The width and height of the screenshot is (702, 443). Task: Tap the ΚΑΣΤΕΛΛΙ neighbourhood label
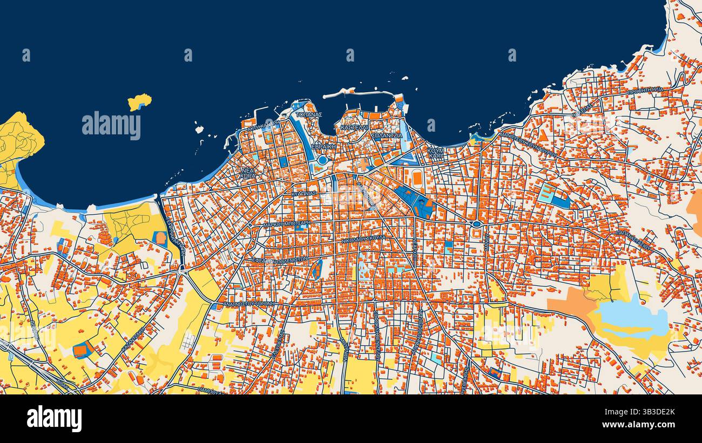click(354, 127)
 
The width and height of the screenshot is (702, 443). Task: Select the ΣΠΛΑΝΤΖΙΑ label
click(387, 135)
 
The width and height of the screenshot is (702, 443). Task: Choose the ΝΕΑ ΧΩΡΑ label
click(248, 173)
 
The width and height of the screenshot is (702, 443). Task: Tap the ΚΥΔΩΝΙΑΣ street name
click(303, 193)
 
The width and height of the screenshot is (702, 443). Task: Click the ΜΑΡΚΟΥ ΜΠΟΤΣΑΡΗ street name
click(287, 223)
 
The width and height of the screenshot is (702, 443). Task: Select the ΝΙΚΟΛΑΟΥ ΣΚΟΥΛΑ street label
click(363, 240)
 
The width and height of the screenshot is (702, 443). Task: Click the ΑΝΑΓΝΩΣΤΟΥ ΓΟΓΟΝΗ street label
click(249, 304)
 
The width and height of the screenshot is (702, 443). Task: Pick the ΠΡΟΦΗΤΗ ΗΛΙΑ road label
click(645, 91)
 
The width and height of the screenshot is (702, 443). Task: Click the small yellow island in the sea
click(139, 101)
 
